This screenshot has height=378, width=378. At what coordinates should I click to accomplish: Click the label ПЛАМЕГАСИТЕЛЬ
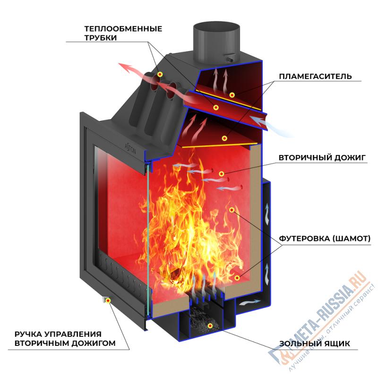point(315,77)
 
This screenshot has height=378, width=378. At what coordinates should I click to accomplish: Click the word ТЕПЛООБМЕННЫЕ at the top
point(123,29)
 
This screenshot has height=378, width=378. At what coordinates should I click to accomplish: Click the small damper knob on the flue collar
point(231,60)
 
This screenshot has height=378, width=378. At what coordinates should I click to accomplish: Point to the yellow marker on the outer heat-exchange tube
point(160,74)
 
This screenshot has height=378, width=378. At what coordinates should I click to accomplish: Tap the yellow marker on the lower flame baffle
point(225,138)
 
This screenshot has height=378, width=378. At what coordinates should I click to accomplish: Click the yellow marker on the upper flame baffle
point(232,95)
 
